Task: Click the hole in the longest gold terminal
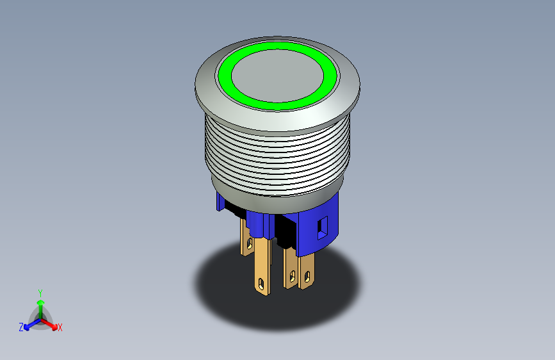[261, 281]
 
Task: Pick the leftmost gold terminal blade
[246, 237]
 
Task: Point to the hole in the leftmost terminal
[249, 243]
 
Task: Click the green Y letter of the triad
[40, 292]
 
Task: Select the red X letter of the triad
[60, 327]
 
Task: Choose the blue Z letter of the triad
[21, 327]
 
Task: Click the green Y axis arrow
[40, 304]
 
